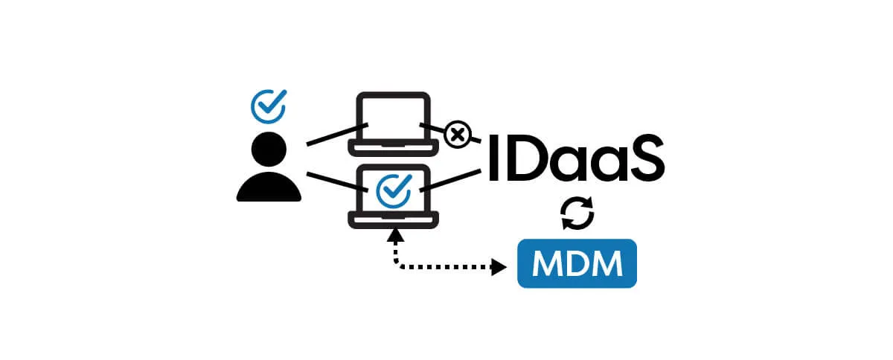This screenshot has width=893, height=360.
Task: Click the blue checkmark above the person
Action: [268, 106]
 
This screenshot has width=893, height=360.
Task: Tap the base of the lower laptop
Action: [393, 219]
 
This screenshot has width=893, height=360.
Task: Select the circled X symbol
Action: [458, 135]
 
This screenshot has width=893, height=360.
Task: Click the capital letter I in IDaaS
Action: [494, 158]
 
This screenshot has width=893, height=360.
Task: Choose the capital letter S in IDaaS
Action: [641, 158]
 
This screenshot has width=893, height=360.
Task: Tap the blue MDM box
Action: [577, 263]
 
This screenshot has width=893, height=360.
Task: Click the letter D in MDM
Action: [577, 263]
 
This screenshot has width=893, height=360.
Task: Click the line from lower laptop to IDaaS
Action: [454, 179]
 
